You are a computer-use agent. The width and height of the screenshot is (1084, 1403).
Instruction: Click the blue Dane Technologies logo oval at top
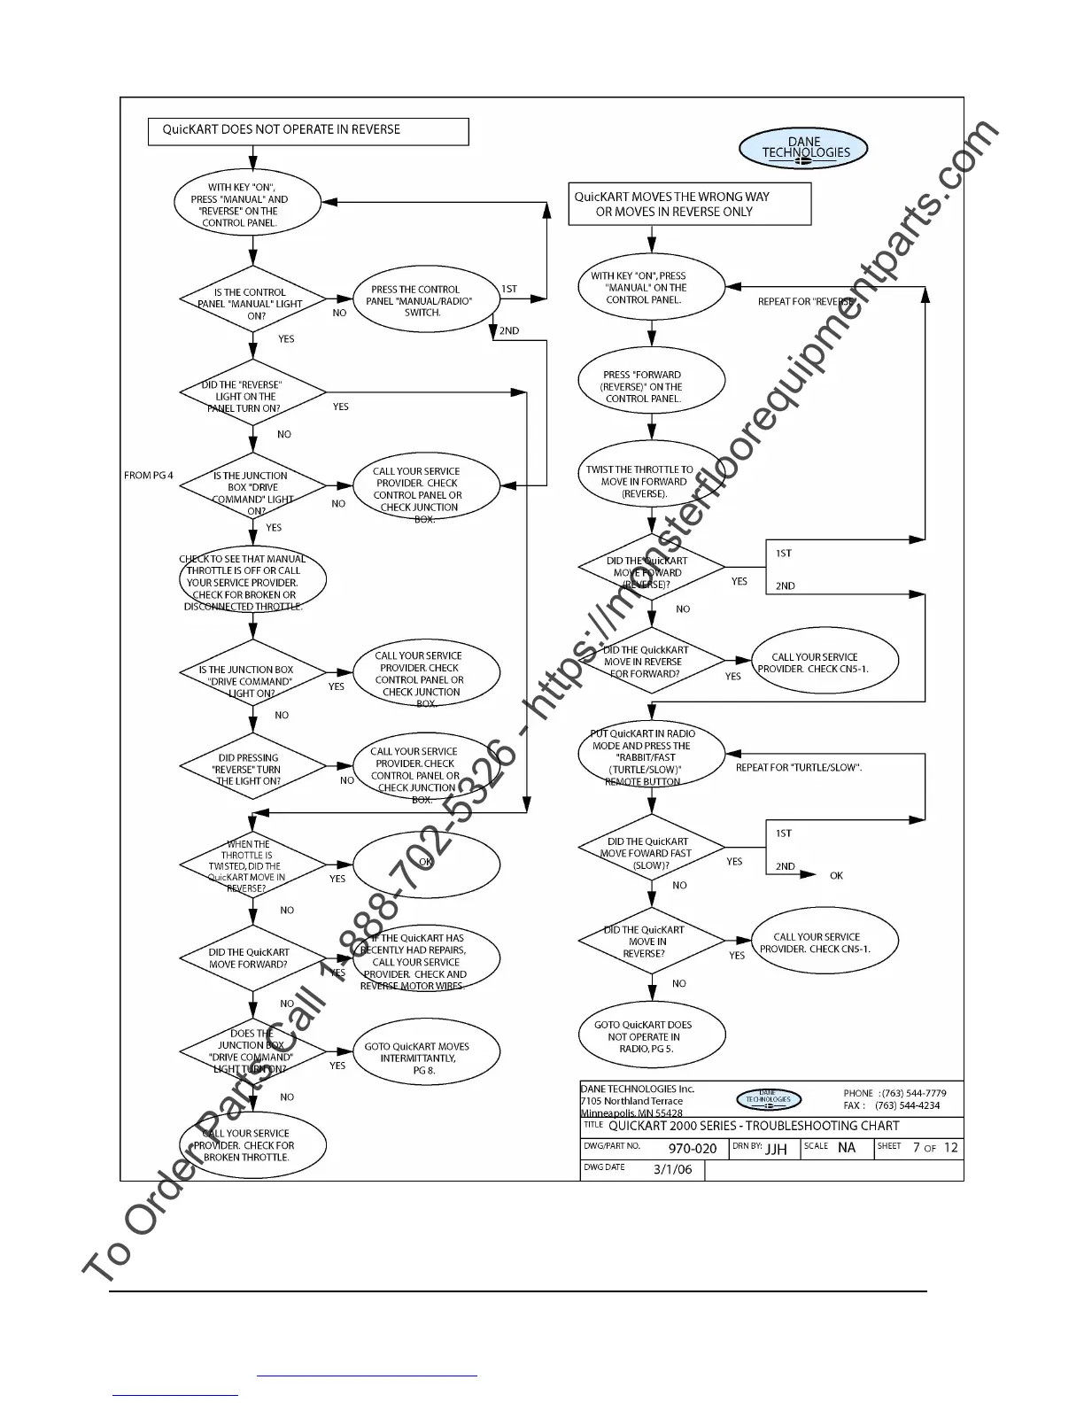[803, 148]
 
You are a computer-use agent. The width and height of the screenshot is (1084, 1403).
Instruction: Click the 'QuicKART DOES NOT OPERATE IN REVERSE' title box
[307, 131]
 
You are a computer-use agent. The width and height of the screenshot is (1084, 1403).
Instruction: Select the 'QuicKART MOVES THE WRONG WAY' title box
[690, 204]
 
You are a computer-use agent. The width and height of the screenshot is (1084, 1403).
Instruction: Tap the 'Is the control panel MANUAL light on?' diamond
[253, 303]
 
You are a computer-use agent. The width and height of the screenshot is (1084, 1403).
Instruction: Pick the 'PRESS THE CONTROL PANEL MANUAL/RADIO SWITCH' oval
[422, 301]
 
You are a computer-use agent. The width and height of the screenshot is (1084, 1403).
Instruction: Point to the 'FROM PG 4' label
[149, 476]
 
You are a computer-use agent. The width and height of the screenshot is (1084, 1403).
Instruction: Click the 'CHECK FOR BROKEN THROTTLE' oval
[252, 1144]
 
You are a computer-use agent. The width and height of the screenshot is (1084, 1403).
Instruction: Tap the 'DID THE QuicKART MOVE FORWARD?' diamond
[252, 958]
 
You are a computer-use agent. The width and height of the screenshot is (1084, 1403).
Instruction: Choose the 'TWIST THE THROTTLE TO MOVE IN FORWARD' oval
[651, 481]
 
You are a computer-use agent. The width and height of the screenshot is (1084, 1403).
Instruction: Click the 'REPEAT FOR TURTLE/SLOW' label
[798, 767]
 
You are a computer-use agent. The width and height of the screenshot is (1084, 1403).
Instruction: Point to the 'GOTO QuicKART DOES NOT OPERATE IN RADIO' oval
[651, 1036]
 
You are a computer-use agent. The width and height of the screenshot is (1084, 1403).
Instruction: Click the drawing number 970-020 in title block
[692, 1149]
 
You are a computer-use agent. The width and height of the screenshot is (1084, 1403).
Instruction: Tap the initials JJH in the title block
[776, 1149]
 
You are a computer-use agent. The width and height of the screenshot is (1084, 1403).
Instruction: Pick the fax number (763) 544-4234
[907, 1105]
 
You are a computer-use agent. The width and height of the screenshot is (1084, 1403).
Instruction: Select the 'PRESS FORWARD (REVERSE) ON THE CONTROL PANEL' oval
[651, 386]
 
